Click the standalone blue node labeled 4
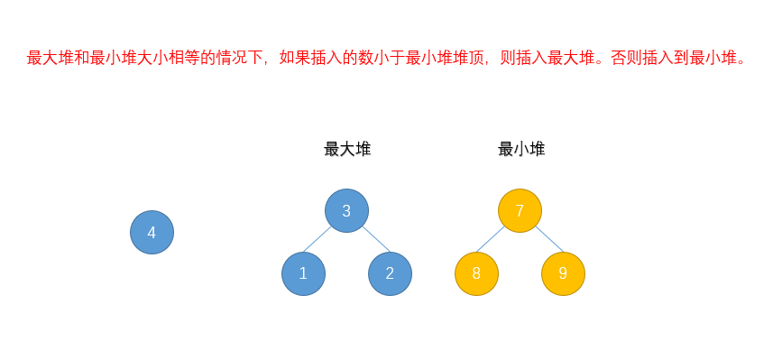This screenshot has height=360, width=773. pyautogui.click(x=152, y=233)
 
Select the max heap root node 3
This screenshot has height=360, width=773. pyautogui.click(x=346, y=211)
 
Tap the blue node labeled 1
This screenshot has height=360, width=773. pyautogui.click(x=303, y=274)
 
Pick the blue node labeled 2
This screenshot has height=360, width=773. pyautogui.click(x=390, y=274)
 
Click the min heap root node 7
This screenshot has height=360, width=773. pyautogui.click(x=520, y=211)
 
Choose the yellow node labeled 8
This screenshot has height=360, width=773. pyautogui.click(x=476, y=274)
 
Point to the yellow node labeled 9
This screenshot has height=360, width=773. pyautogui.click(x=563, y=274)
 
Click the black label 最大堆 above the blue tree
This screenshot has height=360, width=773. pyautogui.click(x=347, y=150)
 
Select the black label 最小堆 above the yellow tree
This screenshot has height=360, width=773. pyautogui.click(x=521, y=150)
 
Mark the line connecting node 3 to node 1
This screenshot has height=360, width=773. pyautogui.click(x=318, y=239)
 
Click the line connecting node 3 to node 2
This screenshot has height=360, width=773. pyautogui.click(x=375, y=239)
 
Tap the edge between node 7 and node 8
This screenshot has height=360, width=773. pyautogui.click(x=492, y=239)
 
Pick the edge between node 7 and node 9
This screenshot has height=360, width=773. pyautogui.click(x=548, y=239)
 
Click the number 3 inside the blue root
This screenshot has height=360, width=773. pyautogui.click(x=346, y=211)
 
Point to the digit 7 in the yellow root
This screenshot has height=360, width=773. pyautogui.click(x=520, y=211)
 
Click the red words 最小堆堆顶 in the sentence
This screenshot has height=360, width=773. pyautogui.click(x=446, y=59)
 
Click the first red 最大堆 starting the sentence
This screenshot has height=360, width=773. pyautogui.click(x=51, y=59)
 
